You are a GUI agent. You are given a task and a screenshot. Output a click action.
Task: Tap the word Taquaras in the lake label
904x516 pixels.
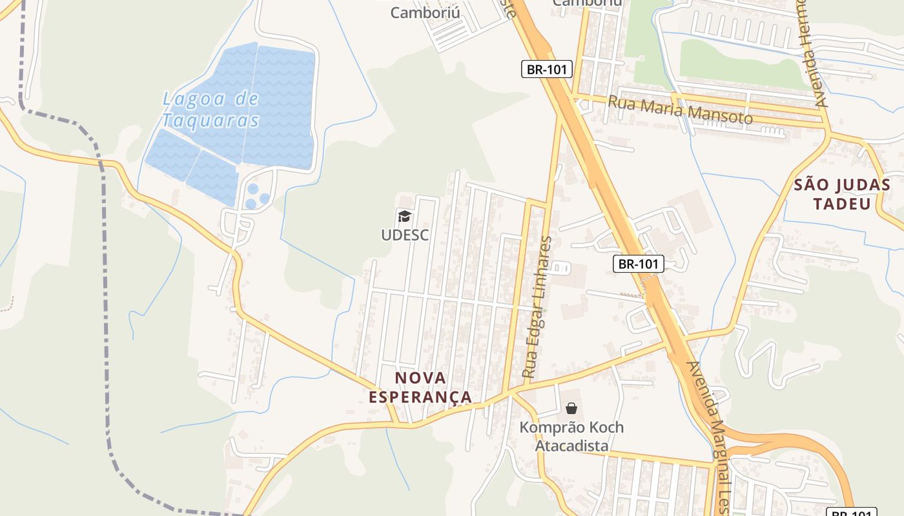coord(211,121)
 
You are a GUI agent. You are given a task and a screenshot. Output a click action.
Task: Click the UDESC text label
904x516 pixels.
coord(405,235)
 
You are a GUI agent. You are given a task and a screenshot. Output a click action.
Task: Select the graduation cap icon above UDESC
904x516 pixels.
coord(405,216)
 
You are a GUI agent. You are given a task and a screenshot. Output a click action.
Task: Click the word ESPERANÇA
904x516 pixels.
coord(420,397)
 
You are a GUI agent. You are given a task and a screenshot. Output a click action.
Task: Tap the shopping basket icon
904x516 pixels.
coord(571,408)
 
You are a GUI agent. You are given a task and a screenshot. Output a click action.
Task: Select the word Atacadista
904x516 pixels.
coord(571,446)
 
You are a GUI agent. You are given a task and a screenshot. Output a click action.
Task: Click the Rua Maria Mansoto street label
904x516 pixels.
coord(681,110)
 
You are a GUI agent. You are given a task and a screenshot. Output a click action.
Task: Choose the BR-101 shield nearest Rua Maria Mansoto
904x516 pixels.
coord(547,69)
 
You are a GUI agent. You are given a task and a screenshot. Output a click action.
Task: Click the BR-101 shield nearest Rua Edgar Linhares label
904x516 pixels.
coord(638,263)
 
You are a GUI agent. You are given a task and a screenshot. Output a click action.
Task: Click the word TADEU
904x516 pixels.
coord(841,204)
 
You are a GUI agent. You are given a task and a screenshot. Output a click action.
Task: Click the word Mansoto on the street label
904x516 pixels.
coord(721,114)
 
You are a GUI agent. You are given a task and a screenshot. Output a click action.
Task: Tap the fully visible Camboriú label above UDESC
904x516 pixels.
coord(426,12)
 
